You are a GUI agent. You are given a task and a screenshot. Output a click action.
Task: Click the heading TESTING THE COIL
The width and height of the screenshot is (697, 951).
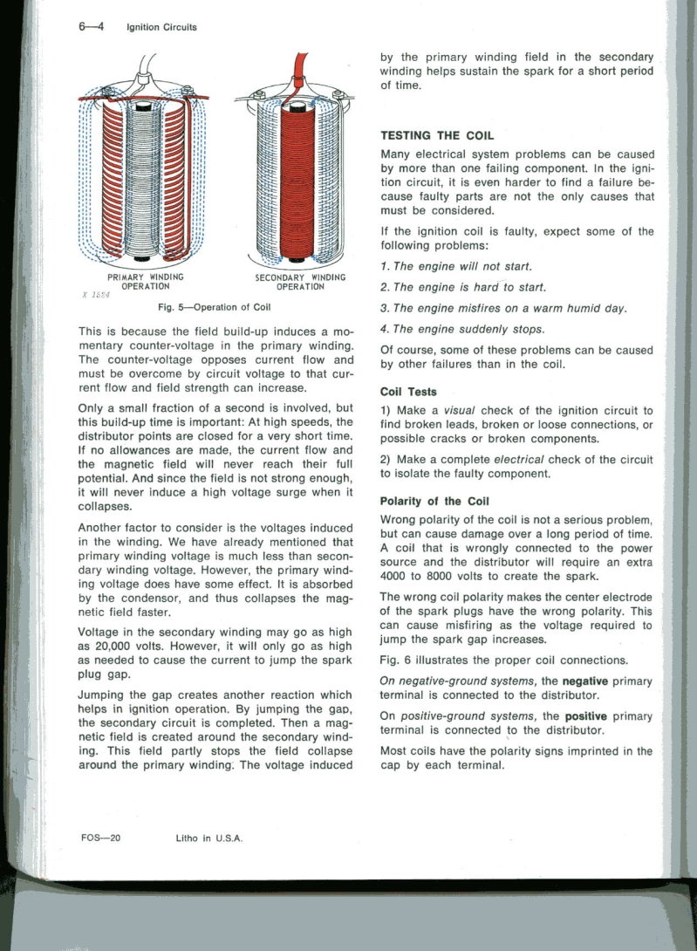(438, 135)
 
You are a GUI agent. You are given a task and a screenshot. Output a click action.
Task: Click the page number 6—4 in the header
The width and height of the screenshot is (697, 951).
(90, 26)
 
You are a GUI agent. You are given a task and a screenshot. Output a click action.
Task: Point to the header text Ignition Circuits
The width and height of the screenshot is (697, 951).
(161, 27)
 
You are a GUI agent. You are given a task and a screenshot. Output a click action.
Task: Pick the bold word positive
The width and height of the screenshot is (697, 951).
(592, 715)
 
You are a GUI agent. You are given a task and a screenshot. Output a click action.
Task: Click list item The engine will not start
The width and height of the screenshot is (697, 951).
(457, 265)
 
